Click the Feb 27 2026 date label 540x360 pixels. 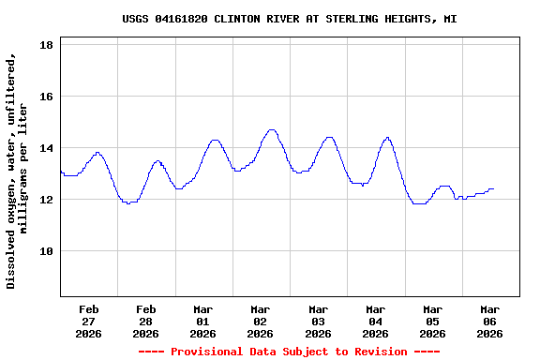[88, 321]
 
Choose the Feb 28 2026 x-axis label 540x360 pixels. [145, 321]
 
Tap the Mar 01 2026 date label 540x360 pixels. [202, 321]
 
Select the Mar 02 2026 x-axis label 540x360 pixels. [261, 321]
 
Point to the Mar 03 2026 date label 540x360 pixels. [318, 321]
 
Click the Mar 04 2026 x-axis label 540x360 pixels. [375, 321]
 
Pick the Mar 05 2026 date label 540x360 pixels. [432, 321]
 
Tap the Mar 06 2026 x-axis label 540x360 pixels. [489, 321]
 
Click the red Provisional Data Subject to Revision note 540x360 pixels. [289, 352]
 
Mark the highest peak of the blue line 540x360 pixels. [272, 130]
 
